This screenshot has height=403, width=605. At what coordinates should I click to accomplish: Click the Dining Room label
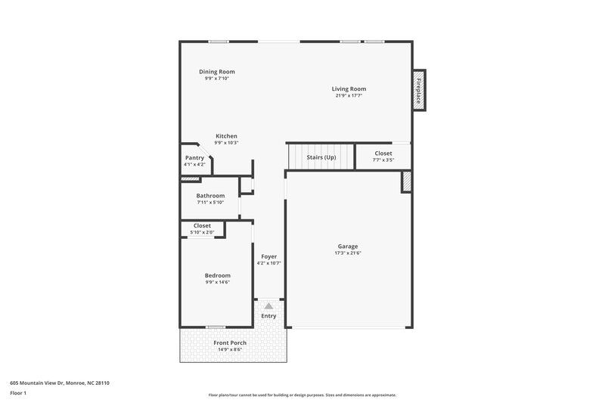point(216,71)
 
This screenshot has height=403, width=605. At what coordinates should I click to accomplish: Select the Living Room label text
point(349,88)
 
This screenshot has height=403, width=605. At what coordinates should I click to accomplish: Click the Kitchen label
point(226,136)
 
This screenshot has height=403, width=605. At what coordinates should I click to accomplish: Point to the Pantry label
point(194,158)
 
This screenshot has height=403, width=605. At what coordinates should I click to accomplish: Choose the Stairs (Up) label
point(321,157)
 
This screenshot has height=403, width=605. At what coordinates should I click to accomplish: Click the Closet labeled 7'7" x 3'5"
point(383,153)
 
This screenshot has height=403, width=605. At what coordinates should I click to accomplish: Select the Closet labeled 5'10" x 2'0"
point(202,225)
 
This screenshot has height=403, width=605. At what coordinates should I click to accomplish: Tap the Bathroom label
point(210,196)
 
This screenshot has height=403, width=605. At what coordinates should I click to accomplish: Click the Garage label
point(348,246)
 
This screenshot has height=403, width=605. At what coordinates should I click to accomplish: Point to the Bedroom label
point(217,275)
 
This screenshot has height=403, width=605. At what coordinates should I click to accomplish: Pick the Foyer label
point(268,256)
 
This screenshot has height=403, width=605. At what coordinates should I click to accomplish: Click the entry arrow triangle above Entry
point(268,306)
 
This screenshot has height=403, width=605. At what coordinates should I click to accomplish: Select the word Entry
point(268,316)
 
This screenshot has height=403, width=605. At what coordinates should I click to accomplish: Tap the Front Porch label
point(230,343)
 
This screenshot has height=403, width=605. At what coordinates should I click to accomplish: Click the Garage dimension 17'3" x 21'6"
point(348,253)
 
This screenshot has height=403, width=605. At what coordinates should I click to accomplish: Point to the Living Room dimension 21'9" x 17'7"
point(349,95)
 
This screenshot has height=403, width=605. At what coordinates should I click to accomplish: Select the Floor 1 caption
point(19,393)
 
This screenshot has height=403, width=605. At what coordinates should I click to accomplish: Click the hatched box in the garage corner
point(406,181)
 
